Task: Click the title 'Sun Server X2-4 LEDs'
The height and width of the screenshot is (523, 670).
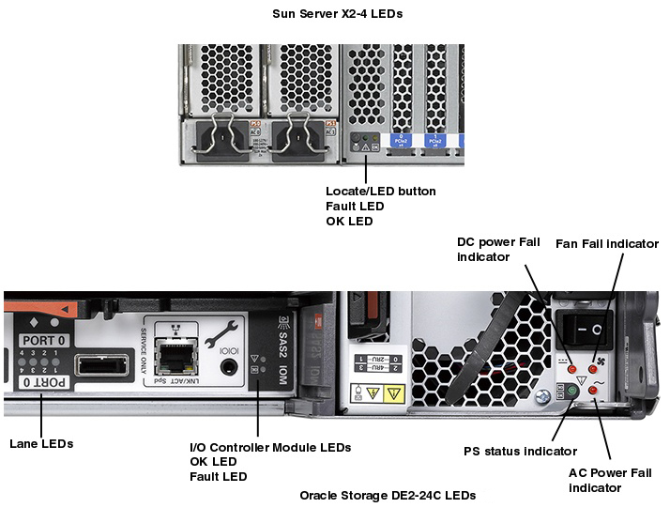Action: [336, 14]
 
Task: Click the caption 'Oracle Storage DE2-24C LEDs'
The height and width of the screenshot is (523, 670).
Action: [388, 495]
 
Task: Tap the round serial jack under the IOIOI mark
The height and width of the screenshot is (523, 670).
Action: [223, 361]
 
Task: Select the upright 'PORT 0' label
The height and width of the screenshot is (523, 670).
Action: [43, 340]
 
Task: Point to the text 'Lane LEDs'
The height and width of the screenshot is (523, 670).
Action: [40, 442]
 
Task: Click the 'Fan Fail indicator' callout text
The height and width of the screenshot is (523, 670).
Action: [607, 243]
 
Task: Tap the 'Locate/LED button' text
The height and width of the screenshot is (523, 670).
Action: [380, 191]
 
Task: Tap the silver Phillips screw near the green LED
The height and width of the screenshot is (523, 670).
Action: [541, 397]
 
